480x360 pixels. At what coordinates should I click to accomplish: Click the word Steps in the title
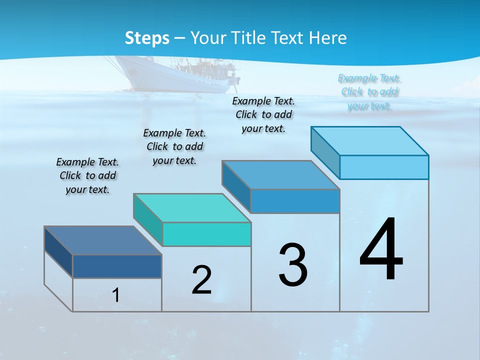(x=147, y=38)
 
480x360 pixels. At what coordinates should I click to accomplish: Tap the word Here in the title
(x=327, y=38)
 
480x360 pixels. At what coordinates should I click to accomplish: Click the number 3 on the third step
(x=293, y=264)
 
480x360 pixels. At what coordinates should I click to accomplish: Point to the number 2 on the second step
(x=202, y=280)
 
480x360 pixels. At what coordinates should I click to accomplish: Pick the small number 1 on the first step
(x=116, y=295)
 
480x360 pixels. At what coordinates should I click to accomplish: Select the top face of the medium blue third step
(x=280, y=175)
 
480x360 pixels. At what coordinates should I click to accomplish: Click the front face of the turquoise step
(x=206, y=234)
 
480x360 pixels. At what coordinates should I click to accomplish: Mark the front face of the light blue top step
(x=384, y=167)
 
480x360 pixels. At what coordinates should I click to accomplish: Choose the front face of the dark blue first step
(x=117, y=266)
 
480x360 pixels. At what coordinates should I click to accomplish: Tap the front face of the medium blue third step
(x=295, y=201)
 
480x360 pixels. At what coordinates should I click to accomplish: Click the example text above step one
(x=87, y=175)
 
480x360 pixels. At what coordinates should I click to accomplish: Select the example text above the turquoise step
(x=174, y=146)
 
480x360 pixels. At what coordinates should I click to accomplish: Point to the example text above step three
(x=263, y=114)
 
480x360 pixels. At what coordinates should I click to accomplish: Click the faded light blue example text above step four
(x=369, y=92)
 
